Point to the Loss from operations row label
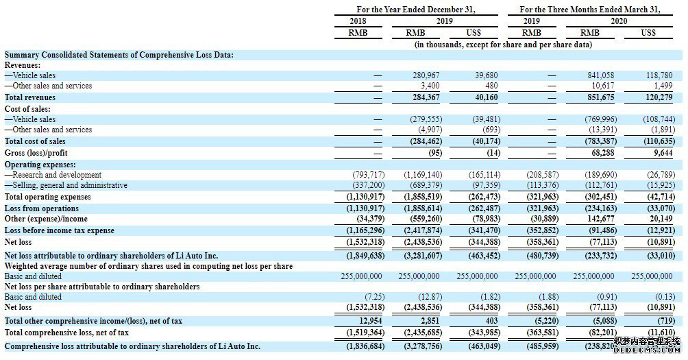tap(42, 208)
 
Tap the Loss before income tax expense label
tap(60, 230)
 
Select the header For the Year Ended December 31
tap(416, 10)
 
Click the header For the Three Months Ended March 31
tap(589, 10)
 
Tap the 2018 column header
tap(357, 21)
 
